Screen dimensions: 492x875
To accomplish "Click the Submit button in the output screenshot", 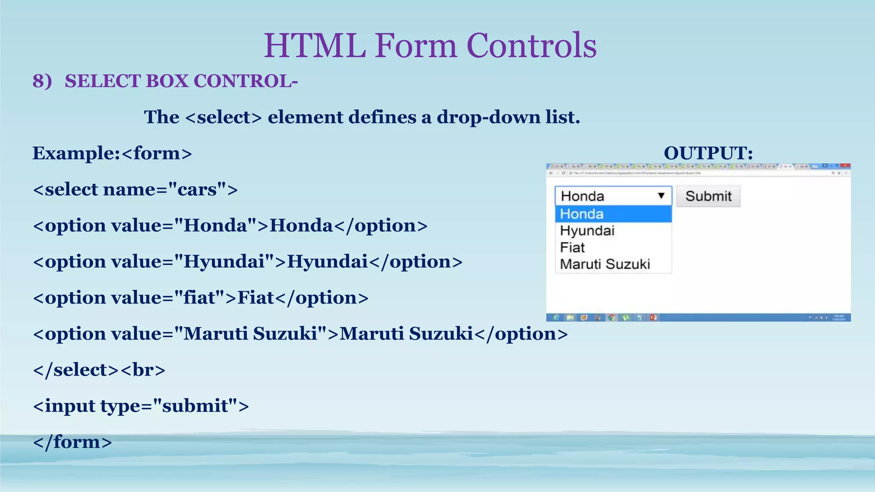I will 708,196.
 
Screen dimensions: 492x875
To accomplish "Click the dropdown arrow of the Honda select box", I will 661,196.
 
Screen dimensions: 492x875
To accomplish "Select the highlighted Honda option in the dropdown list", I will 613,214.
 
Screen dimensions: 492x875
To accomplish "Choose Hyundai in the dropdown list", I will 587,231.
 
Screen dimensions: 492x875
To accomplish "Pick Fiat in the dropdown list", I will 572,247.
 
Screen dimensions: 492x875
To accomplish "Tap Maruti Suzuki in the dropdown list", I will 605,264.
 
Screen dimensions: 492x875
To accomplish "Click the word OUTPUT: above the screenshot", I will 708,153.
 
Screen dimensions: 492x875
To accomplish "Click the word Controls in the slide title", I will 531,45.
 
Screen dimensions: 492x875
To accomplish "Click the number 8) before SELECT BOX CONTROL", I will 42,81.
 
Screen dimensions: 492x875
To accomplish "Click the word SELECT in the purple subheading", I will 103,81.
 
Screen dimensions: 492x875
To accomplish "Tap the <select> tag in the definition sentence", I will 223,117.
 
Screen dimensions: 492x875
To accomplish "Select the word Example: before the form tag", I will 76,153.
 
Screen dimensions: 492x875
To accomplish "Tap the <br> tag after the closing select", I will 143,370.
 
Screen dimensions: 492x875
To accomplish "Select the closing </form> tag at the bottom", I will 72,442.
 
